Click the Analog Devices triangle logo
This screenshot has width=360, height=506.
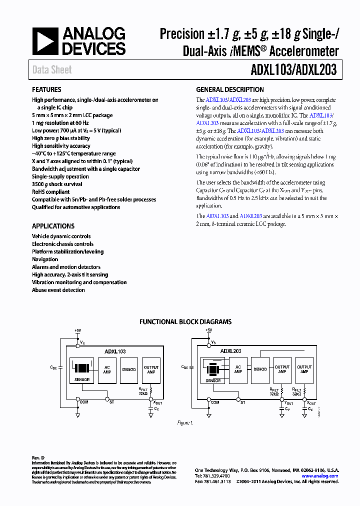coord(45,41)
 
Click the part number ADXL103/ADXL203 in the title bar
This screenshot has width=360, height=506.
coord(292,70)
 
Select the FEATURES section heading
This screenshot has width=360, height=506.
coord(47,90)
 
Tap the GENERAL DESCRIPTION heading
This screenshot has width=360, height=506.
coord(230,90)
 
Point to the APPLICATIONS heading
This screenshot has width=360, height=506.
coord(53,226)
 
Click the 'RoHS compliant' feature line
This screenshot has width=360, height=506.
coord(50,191)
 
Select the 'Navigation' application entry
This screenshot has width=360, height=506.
coord(45,259)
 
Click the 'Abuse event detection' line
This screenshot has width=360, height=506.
coord(58,290)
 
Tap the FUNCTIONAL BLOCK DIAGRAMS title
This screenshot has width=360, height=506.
coord(185,322)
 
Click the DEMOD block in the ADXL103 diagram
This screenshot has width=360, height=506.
coord(129,370)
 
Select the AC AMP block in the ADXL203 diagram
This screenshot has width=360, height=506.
coord(238,369)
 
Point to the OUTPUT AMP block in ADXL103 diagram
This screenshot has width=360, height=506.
coord(151,370)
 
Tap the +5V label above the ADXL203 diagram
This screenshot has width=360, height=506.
coord(208,330)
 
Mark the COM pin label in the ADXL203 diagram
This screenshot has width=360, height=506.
coord(215,402)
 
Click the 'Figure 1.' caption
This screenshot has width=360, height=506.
coord(185,423)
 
